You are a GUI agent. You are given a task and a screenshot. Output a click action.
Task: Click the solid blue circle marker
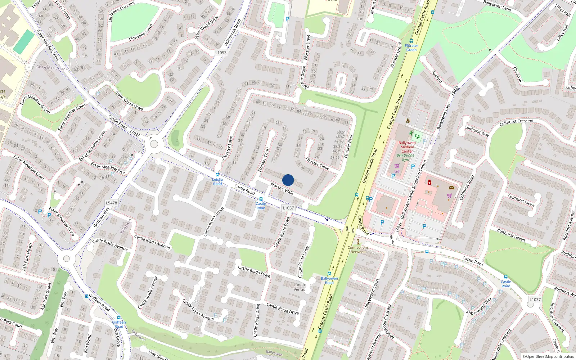point(288,180)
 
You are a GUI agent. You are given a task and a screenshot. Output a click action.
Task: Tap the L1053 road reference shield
point(221,53)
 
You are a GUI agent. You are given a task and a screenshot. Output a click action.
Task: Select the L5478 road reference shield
point(111,203)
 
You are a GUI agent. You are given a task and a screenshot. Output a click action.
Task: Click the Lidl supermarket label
point(397,171)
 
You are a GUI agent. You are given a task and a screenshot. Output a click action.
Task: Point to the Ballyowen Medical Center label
point(407,147)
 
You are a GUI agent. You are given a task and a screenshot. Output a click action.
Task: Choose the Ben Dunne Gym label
point(405,157)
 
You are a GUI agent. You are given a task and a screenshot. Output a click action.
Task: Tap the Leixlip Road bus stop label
point(217,181)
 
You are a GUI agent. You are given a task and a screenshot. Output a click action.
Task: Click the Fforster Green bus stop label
point(411,48)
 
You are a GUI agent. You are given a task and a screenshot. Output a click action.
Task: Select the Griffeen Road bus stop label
point(119,324)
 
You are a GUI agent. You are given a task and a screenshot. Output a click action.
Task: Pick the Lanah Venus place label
point(299,287)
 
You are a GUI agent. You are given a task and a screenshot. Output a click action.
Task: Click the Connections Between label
point(358,249)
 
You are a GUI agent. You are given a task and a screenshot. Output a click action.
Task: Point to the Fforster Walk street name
point(282,189)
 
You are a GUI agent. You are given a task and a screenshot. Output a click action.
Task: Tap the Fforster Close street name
point(317,163)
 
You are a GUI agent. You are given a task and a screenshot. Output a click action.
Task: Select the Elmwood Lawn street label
point(141,33)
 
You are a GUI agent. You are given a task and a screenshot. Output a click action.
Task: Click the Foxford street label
point(437,77)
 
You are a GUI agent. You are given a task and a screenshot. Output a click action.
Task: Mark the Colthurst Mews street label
point(521,200)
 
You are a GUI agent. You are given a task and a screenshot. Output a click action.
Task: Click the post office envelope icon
point(451,188)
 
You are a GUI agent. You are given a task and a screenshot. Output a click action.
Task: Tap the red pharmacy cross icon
point(429,183)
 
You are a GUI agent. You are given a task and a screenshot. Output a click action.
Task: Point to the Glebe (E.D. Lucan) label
point(51,68)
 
